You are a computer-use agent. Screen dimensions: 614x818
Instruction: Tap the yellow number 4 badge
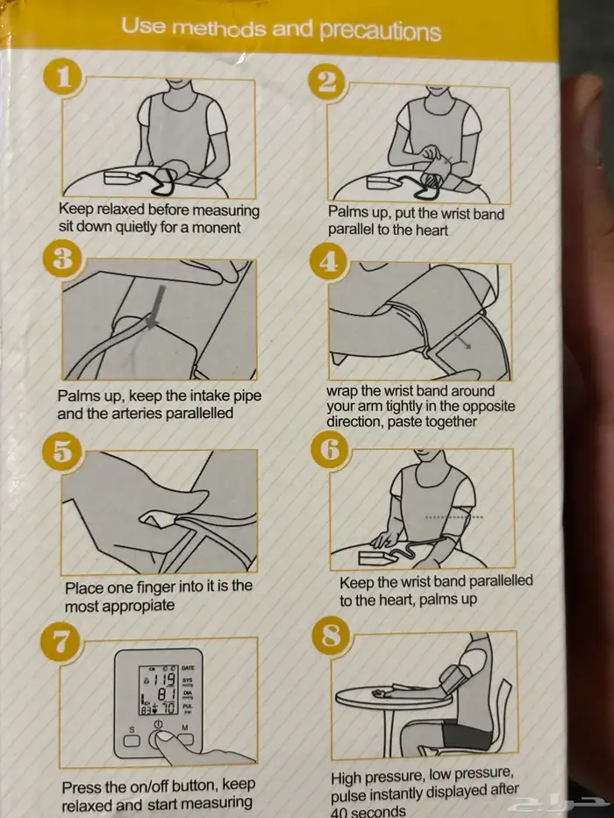(328, 261)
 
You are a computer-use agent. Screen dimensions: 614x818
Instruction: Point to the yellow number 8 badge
(331, 636)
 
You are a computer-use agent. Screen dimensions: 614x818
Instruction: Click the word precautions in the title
(381, 32)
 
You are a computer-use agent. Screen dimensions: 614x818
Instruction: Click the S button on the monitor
(131, 740)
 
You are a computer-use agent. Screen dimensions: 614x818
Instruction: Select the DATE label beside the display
(189, 668)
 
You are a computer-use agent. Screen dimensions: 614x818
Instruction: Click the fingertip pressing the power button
(163, 737)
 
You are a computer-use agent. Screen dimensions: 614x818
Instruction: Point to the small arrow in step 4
(462, 340)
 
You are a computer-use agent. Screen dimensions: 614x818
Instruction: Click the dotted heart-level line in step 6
(453, 517)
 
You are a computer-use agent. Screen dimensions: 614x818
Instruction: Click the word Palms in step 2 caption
(345, 213)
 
